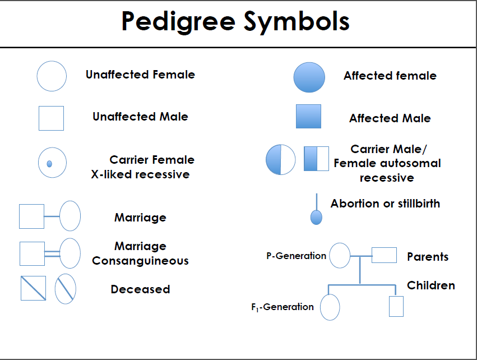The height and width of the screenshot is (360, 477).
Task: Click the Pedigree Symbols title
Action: [x=235, y=22]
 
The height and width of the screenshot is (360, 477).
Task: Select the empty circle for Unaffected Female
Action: [x=52, y=76]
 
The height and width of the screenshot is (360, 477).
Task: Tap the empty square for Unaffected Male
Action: [x=51, y=118]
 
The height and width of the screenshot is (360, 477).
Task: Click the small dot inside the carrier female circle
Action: [x=49, y=164]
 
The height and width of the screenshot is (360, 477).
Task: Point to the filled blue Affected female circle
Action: [x=309, y=77]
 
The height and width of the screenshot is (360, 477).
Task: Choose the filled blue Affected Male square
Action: [x=308, y=117]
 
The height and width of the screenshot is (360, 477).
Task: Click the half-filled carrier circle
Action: [x=280, y=159]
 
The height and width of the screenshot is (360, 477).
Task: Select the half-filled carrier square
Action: [x=316, y=159]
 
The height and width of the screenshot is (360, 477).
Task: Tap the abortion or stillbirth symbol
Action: [x=317, y=216]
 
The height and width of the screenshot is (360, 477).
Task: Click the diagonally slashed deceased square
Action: [x=33, y=288]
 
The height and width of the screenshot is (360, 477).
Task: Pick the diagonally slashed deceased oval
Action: [x=65, y=289]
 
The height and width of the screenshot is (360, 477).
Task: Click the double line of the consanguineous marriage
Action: [x=52, y=254]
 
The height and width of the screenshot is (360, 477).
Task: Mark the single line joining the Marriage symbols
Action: [x=52, y=216]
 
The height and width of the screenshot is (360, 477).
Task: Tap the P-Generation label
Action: [x=296, y=256]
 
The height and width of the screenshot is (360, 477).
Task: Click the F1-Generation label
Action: [x=283, y=307]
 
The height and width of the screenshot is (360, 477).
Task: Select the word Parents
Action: [x=428, y=257]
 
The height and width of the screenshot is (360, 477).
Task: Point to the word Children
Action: [x=430, y=285]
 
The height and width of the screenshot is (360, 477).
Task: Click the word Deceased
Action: [x=140, y=289]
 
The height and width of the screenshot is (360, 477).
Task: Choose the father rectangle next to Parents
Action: [x=384, y=255]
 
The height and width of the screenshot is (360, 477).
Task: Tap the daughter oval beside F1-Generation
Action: [x=330, y=307]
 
